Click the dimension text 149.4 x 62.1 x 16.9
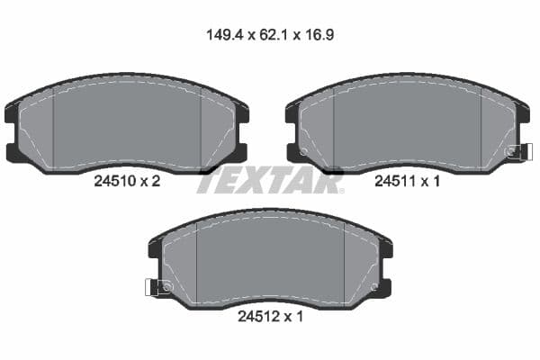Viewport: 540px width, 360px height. click(270, 36)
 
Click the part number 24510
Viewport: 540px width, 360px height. click(114, 181)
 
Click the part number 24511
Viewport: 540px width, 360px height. click(394, 181)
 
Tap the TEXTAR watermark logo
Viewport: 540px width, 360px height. click(270, 181)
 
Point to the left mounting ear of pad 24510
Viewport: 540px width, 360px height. click(13, 131)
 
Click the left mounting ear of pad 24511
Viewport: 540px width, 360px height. click(293, 131)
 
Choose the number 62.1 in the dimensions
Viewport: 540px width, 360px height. click(273, 36)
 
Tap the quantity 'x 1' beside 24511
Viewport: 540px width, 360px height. click(430, 181)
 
